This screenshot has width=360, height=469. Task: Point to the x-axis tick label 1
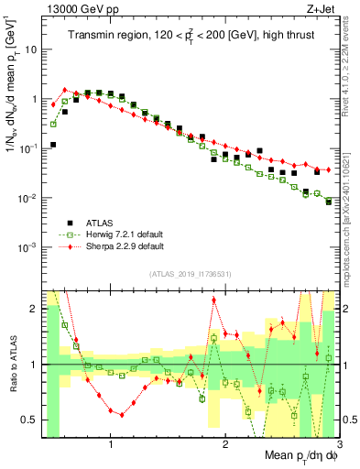click(111, 446)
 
